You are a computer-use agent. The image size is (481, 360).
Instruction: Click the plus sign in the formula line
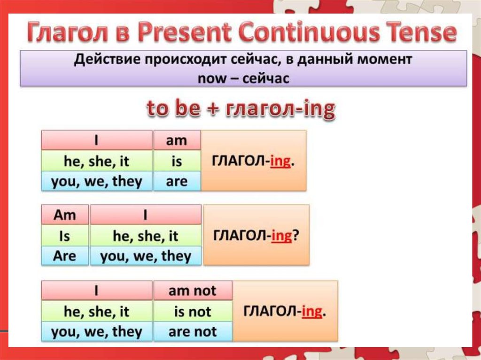click(x=213, y=109)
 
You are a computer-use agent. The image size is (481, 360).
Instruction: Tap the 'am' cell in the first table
click(x=177, y=140)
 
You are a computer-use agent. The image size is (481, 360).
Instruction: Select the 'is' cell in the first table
click(x=177, y=161)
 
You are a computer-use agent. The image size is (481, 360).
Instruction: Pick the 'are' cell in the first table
click(x=177, y=181)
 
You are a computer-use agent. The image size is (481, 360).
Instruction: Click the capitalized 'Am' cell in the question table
click(x=65, y=214)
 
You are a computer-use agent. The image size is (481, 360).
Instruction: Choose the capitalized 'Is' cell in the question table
click(x=65, y=236)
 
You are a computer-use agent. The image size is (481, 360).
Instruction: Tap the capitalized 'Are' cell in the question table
click(x=65, y=256)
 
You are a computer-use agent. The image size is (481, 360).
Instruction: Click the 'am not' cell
click(x=193, y=291)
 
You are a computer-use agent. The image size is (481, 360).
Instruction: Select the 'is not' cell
click(x=193, y=311)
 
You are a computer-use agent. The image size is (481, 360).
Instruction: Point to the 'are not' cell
click(x=193, y=331)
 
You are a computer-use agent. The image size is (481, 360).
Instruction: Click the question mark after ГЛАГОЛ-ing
click(x=295, y=236)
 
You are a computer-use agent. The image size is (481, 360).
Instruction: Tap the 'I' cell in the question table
click(x=146, y=214)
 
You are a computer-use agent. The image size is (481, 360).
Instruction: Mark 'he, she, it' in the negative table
click(x=97, y=311)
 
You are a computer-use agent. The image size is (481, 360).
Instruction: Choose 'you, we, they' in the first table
click(x=97, y=181)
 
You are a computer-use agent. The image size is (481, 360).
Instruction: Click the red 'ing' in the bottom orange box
click(x=312, y=312)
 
